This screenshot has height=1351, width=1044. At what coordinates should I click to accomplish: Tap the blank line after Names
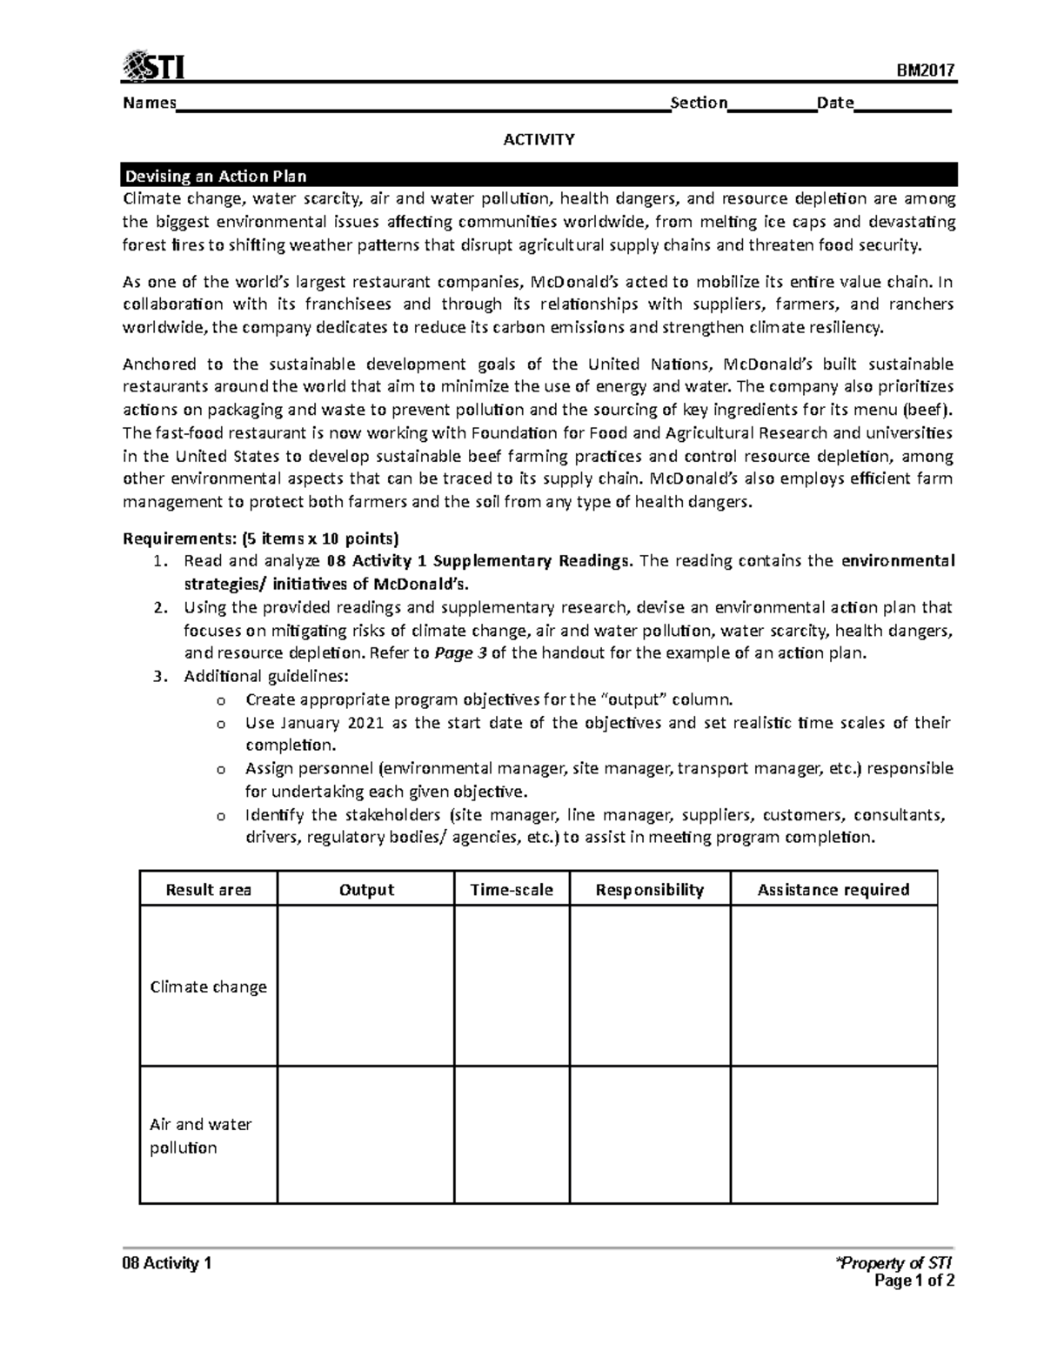pyautogui.click(x=423, y=104)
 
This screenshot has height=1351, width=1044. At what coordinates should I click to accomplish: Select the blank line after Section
pyautogui.click(x=772, y=104)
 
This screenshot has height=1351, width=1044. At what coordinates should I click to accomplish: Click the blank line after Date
pyautogui.click(x=903, y=104)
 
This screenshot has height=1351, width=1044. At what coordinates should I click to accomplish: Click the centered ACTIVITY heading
pyautogui.click(x=539, y=139)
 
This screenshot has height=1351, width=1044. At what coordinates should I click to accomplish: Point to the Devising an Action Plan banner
pyautogui.click(x=539, y=176)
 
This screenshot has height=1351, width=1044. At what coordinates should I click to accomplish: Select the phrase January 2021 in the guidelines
pyautogui.click(x=336, y=723)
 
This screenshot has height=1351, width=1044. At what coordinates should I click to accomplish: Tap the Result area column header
pyautogui.click(x=209, y=890)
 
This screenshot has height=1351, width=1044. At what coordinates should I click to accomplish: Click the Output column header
pyautogui.click(x=366, y=890)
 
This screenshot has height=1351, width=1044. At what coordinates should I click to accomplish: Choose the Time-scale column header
pyautogui.click(x=512, y=890)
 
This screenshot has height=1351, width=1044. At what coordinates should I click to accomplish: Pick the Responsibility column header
pyautogui.click(x=649, y=890)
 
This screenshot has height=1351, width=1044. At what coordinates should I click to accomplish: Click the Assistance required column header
pyautogui.click(x=833, y=890)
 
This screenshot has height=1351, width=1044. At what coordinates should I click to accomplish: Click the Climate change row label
pyautogui.click(x=209, y=986)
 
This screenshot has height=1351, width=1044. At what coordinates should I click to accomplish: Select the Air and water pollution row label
pyautogui.click(x=201, y=1135)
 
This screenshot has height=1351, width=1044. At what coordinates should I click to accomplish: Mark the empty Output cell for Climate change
pyautogui.click(x=366, y=986)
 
